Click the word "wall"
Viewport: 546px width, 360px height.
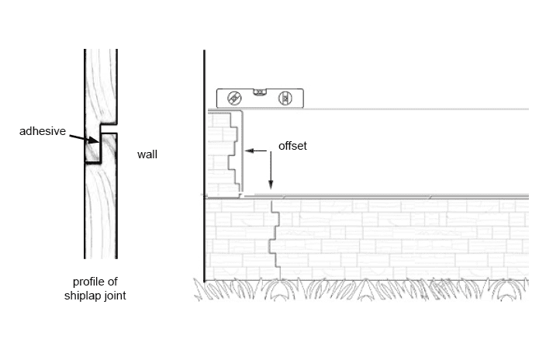coord(147,154)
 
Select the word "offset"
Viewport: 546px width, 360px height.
coord(292,145)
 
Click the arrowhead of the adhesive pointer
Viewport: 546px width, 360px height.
coord(96,142)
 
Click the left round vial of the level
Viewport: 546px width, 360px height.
coord(234,99)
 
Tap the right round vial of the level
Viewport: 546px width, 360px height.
coord(285,99)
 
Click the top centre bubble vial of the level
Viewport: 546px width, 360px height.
coord(261,92)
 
